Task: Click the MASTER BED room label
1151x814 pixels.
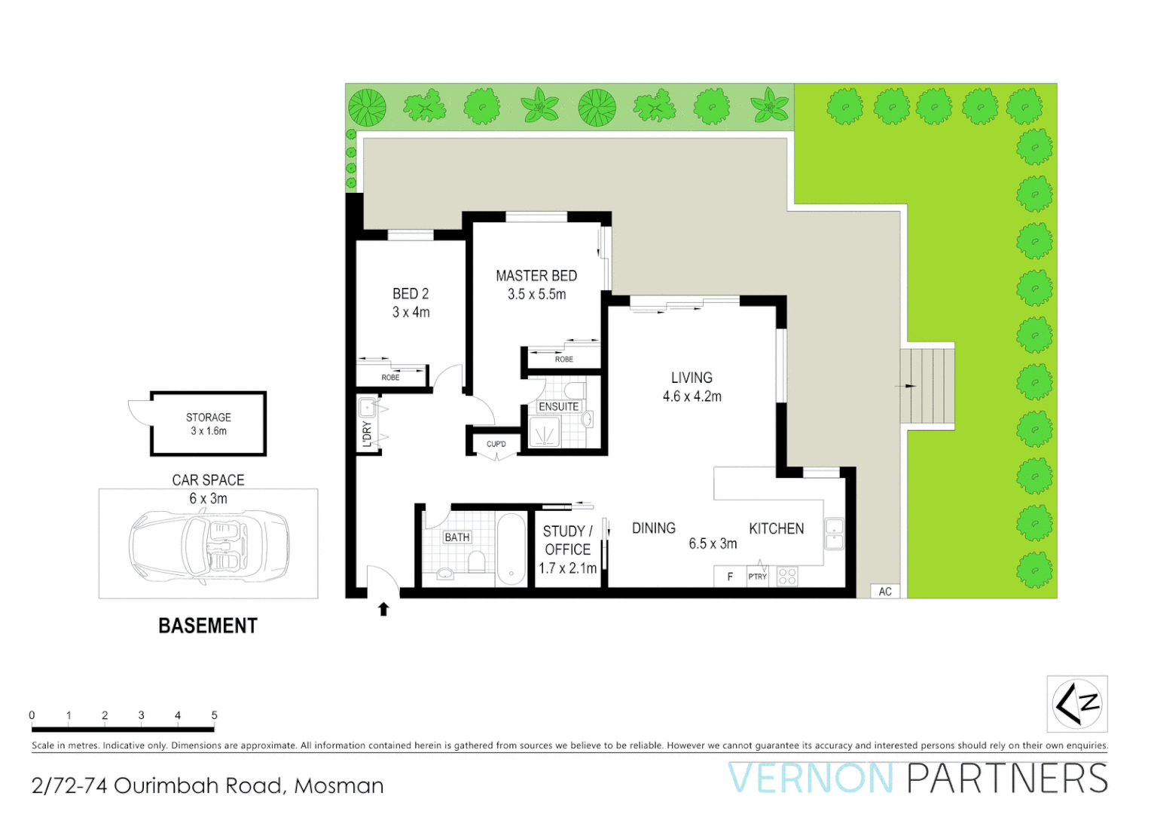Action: (536, 276)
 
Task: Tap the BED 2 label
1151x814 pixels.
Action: (411, 294)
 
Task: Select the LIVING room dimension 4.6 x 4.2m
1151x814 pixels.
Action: (692, 396)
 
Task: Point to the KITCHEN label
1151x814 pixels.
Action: (776, 528)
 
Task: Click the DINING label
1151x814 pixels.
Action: (653, 528)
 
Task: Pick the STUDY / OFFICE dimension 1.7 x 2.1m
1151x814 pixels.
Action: (567, 568)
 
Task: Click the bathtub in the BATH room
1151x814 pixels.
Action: (511, 549)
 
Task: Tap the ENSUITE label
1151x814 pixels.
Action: (558, 406)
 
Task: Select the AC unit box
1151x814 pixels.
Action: (885, 592)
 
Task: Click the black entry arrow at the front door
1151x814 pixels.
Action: (383, 609)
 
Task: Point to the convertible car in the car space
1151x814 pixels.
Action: (209, 544)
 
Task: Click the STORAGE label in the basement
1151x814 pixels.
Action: (209, 417)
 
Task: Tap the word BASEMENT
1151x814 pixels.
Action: (208, 626)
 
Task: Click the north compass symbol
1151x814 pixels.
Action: (1076, 704)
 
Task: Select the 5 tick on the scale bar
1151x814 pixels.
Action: (214, 715)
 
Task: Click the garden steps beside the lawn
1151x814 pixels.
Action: (928, 386)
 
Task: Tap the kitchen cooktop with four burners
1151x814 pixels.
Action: (787, 577)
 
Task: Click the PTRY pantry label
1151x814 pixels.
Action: (757, 577)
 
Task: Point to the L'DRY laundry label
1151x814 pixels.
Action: (367, 433)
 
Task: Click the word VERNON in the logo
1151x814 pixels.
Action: (811, 779)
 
